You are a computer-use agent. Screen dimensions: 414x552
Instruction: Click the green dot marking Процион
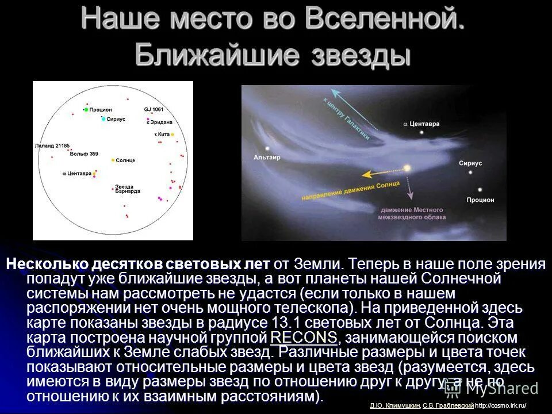(x=86, y=109)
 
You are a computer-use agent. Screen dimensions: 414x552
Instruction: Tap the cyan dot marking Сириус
(x=103, y=119)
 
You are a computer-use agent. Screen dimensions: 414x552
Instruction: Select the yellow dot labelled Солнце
(x=113, y=160)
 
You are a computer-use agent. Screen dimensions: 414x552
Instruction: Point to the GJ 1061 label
(x=154, y=109)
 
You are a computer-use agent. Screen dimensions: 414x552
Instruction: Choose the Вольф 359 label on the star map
(x=84, y=154)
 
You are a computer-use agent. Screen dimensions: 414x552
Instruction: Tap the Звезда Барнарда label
(x=124, y=189)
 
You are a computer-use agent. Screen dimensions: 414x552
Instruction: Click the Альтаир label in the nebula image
(x=266, y=157)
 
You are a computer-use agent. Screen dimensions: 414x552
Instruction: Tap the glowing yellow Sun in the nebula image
(x=407, y=168)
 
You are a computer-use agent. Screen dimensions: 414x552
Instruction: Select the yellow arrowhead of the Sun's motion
(x=364, y=172)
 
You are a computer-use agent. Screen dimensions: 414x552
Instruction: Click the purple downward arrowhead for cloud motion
(x=411, y=197)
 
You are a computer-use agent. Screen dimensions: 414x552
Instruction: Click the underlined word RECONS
(x=303, y=337)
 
